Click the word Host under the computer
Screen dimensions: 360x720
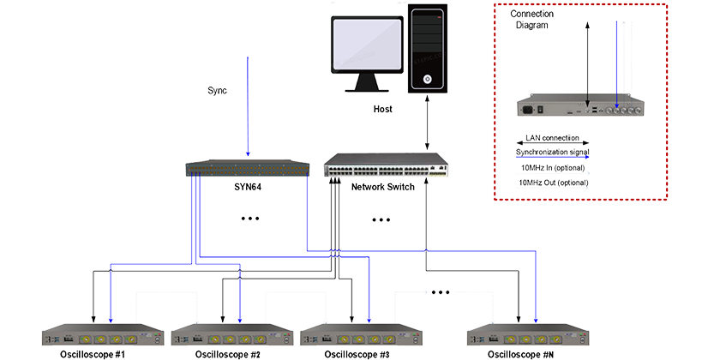tap(383, 110)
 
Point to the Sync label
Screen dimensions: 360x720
tap(217, 89)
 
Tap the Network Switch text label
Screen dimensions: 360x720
tap(383, 187)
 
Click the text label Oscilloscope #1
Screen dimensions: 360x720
tap(96, 353)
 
